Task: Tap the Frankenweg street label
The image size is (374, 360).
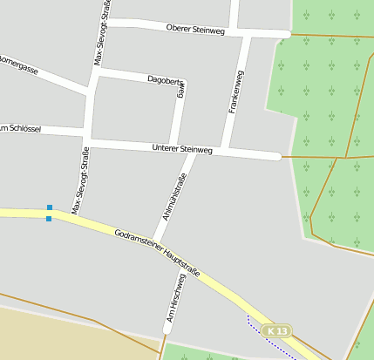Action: pos(235,93)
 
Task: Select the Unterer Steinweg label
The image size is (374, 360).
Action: pos(181,150)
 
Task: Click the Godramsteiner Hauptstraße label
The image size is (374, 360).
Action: pos(157,254)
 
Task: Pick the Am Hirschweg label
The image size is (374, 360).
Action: pos(175,299)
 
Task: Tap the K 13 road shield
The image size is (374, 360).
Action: pos(278,331)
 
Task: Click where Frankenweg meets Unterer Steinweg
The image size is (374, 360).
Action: pos(225,152)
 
